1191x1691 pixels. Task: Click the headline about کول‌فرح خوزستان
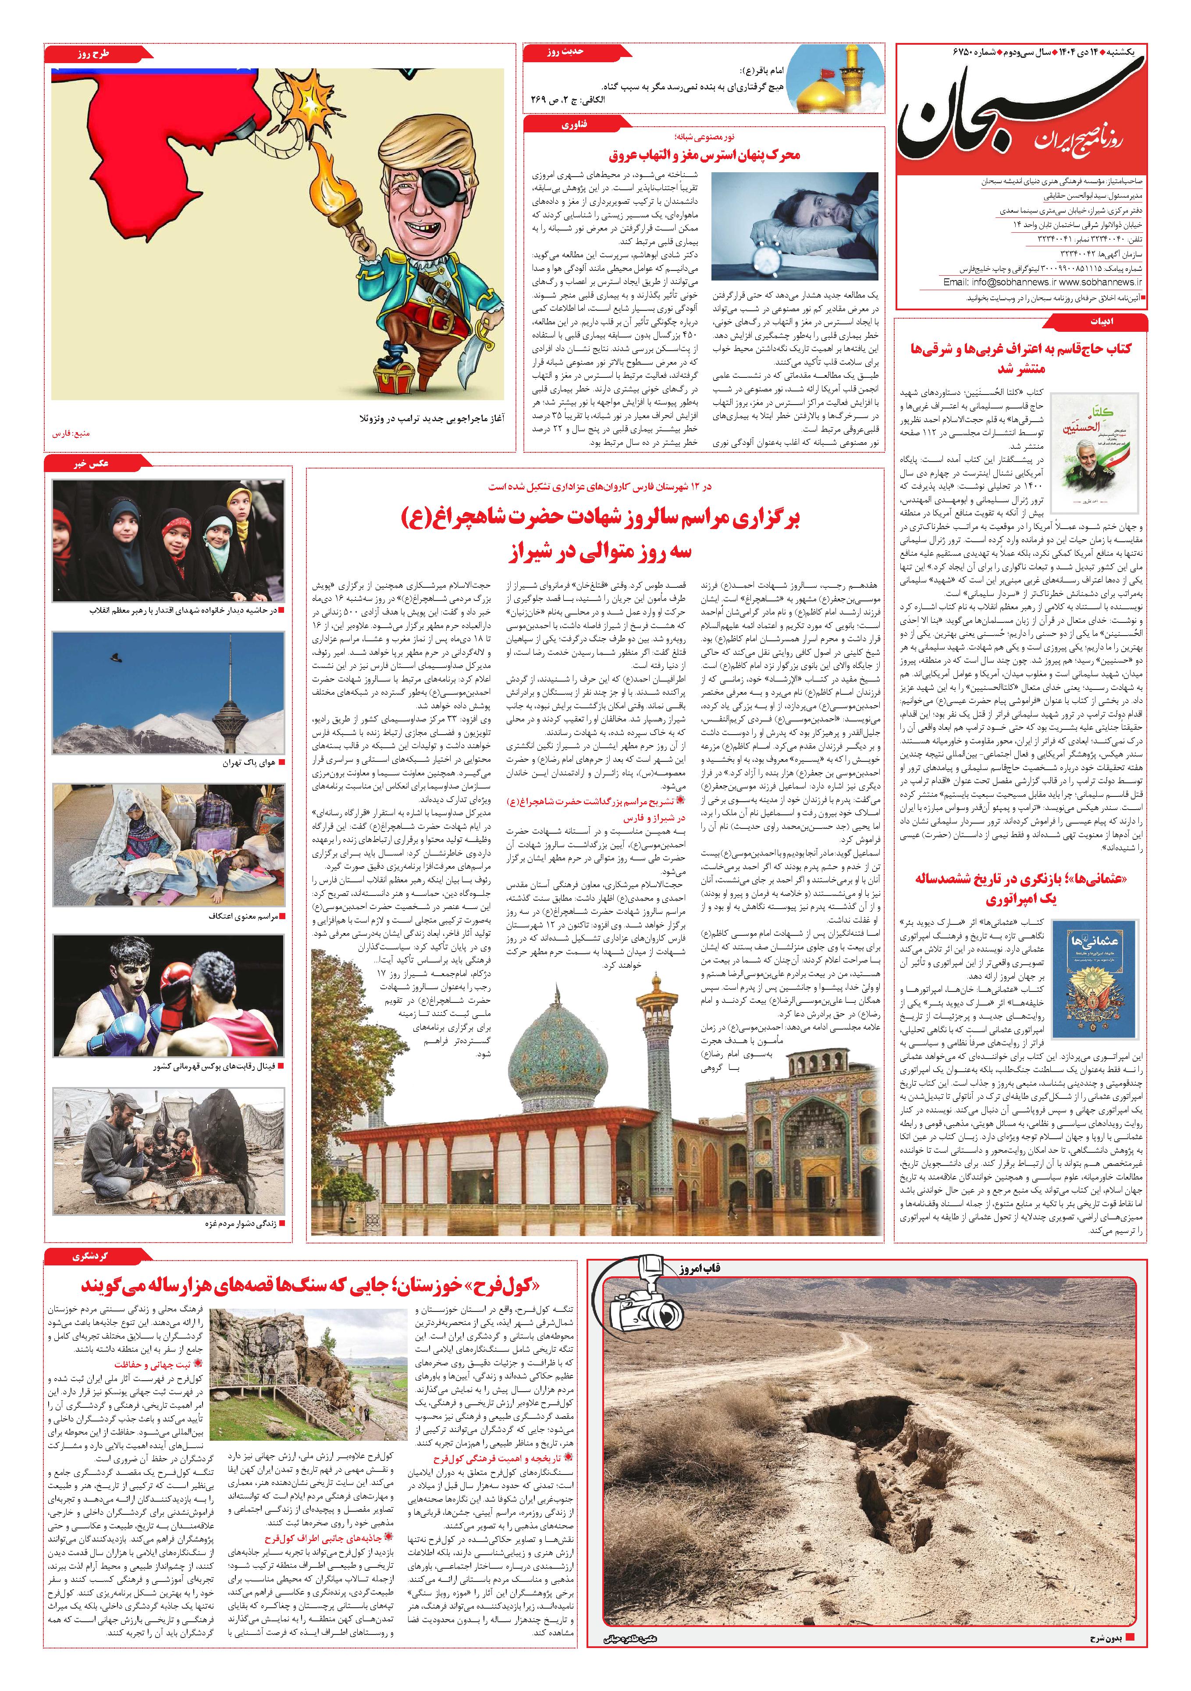[309, 1285]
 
